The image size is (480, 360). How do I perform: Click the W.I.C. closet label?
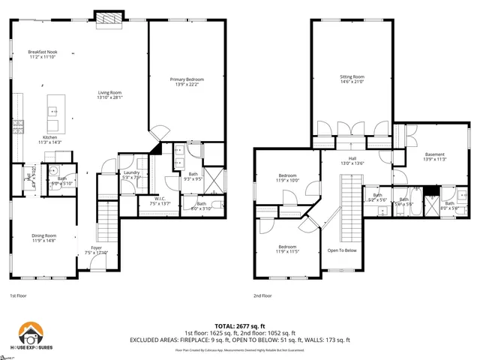[x=160, y=201]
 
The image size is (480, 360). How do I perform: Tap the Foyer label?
[x=97, y=250]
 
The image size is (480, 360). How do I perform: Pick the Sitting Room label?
[x=352, y=79]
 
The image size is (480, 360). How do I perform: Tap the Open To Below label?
[x=341, y=250]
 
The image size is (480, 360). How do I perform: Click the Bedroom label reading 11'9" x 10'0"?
[x=289, y=178]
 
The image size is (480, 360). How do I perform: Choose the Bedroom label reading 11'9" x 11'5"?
[x=289, y=248]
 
